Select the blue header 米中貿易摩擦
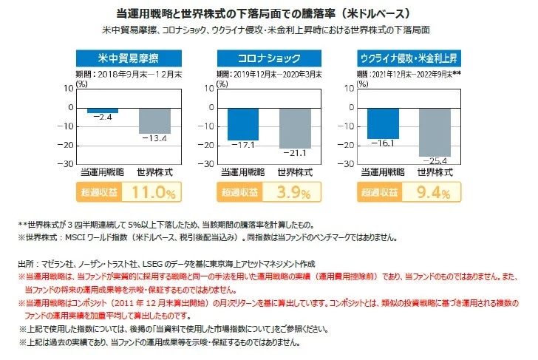click(x=128, y=58)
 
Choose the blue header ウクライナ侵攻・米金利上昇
click(x=409, y=58)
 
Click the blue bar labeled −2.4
click(x=102, y=110)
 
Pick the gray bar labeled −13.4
click(x=154, y=120)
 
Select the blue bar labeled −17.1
click(x=242, y=123)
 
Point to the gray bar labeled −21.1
click(x=294, y=127)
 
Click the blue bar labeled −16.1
click(x=384, y=123)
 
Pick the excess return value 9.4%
click(x=435, y=193)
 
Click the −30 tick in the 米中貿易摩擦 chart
click(x=67, y=163)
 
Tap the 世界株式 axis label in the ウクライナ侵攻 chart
click(x=435, y=172)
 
